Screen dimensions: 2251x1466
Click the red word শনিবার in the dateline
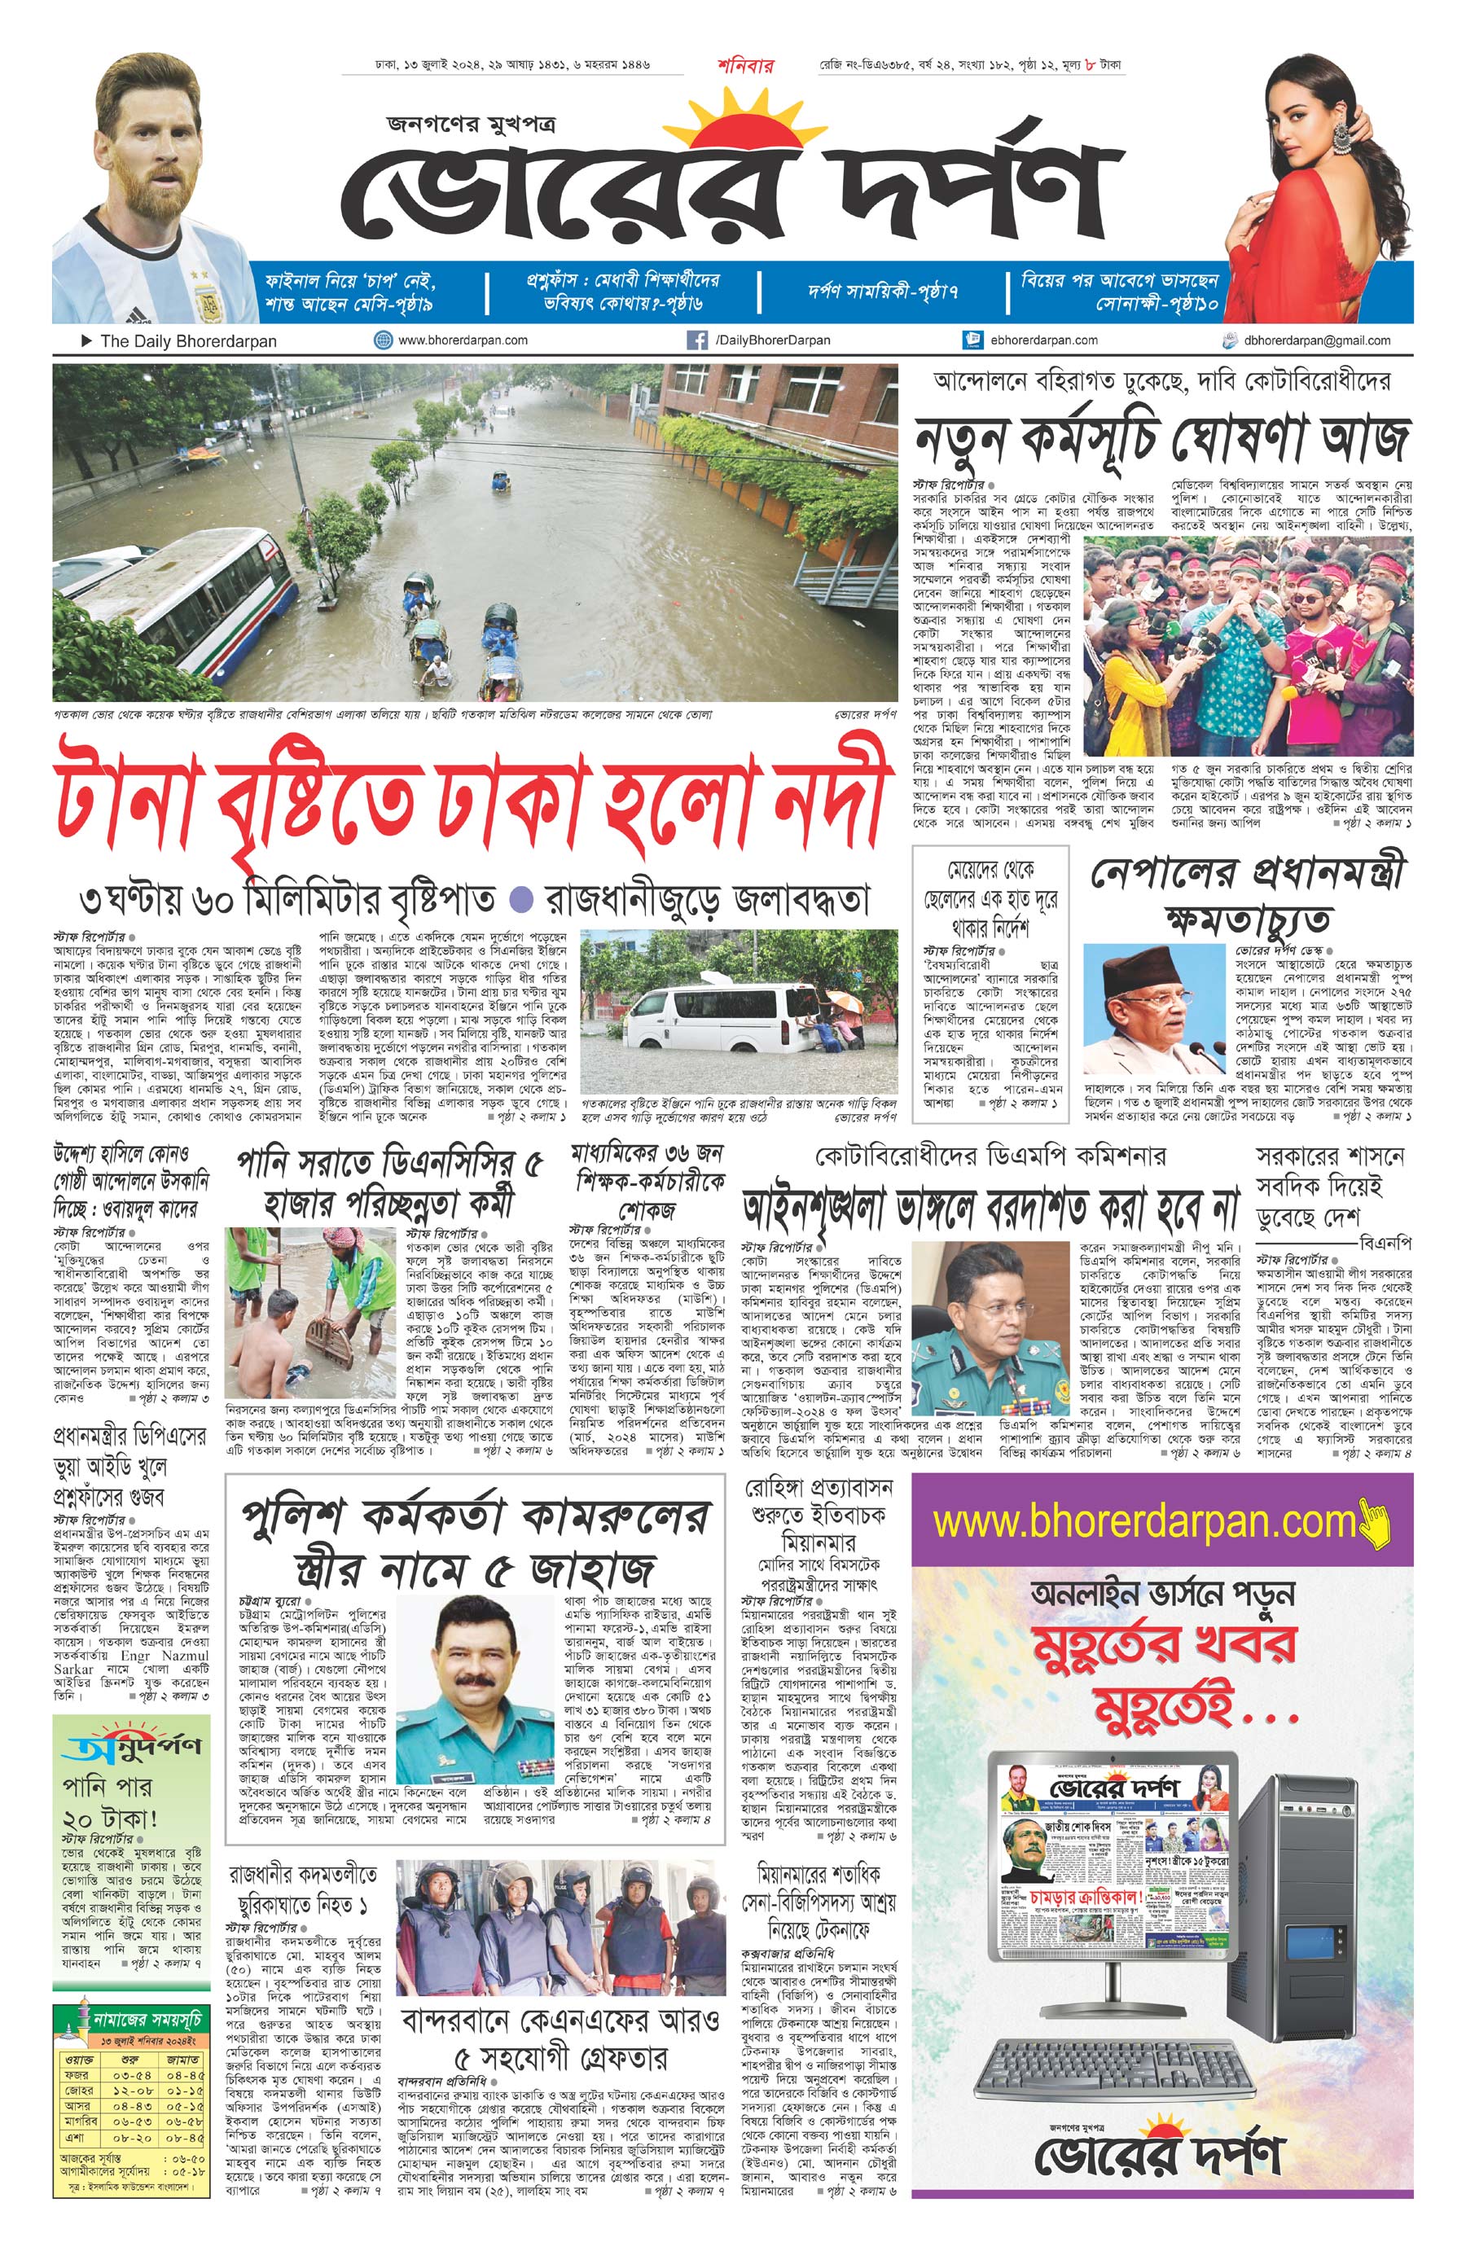(x=745, y=66)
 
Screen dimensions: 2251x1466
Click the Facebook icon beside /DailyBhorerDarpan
(x=697, y=340)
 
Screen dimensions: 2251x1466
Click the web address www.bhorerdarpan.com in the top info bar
(x=463, y=340)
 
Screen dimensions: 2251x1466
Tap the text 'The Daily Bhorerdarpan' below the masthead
(x=188, y=341)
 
